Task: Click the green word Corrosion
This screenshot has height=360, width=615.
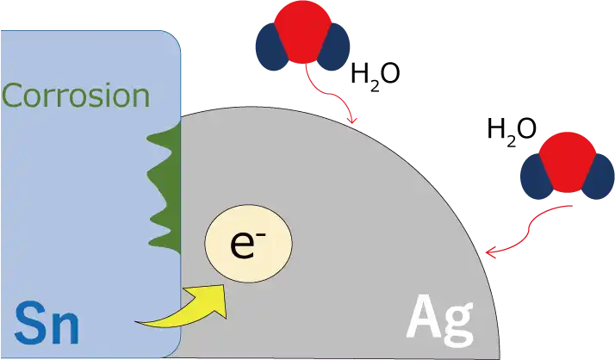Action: click(x=76, y=96)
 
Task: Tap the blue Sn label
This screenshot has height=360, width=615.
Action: click(x=47, y=324)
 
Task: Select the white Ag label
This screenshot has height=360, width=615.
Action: click(x=440, y=320)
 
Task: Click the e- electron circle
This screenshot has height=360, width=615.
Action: click(x=248, y=243)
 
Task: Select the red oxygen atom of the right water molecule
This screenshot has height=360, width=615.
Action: click(x=568, y=162)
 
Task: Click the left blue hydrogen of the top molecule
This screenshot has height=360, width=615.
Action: click(x=271, y=47)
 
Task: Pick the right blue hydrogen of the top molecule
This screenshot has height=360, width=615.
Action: click(x=334, y=47)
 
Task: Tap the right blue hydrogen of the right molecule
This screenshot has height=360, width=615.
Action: click(x=599, y=177)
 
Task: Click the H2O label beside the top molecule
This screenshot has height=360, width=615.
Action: click(x=376, y=76)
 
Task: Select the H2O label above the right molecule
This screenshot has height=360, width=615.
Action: click(x=512, y=131)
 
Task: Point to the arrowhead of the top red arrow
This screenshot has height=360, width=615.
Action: click(x=351, y=120)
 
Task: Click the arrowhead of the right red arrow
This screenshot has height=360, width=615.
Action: click(x=491, y=251)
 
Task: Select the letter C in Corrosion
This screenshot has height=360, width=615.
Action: click(x=14, y=96)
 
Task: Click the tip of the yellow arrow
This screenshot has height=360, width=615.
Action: click(x=224, y=285)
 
